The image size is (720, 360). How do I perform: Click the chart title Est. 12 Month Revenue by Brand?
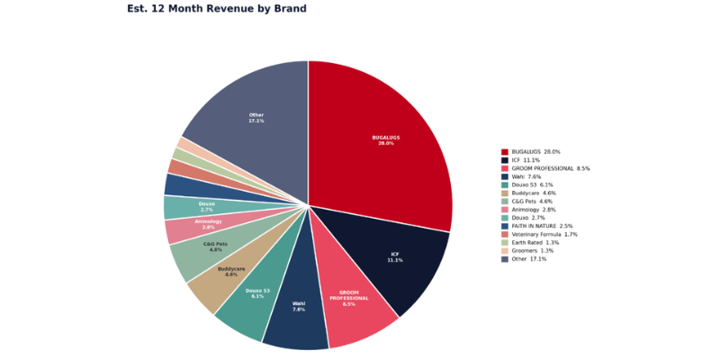point(217,9)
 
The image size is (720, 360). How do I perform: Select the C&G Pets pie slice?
point(212,247)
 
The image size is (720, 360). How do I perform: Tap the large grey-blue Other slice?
point(256,118)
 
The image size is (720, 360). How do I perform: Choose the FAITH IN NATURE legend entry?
point(542,226)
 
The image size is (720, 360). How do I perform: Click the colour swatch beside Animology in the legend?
point(505,210)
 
